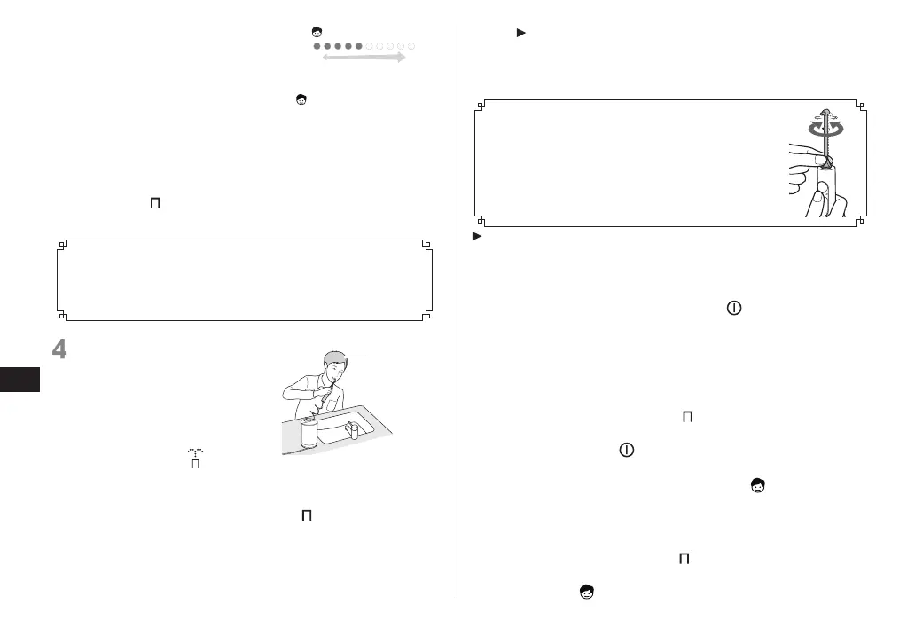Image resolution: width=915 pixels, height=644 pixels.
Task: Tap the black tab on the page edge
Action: pos(20,380)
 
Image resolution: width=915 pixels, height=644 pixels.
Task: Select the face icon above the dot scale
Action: pos(317,33)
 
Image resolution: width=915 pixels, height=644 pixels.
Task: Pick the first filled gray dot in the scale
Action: pos(317,46)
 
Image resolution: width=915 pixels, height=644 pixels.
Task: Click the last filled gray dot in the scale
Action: pos(359,46)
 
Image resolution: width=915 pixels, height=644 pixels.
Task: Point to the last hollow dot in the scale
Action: pos(412,46)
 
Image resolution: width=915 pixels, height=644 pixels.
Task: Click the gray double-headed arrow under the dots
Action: pos(363,58)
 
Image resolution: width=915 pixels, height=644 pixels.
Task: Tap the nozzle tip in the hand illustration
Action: pos(825,111)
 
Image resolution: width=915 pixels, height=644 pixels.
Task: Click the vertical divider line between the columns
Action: pos(457,310)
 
